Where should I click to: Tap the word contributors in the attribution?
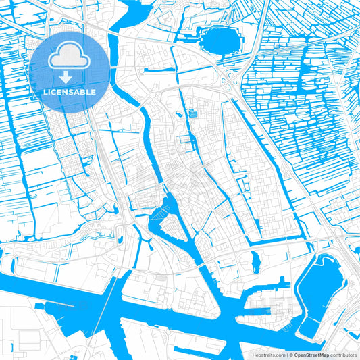343,354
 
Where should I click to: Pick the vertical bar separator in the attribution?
286,354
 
